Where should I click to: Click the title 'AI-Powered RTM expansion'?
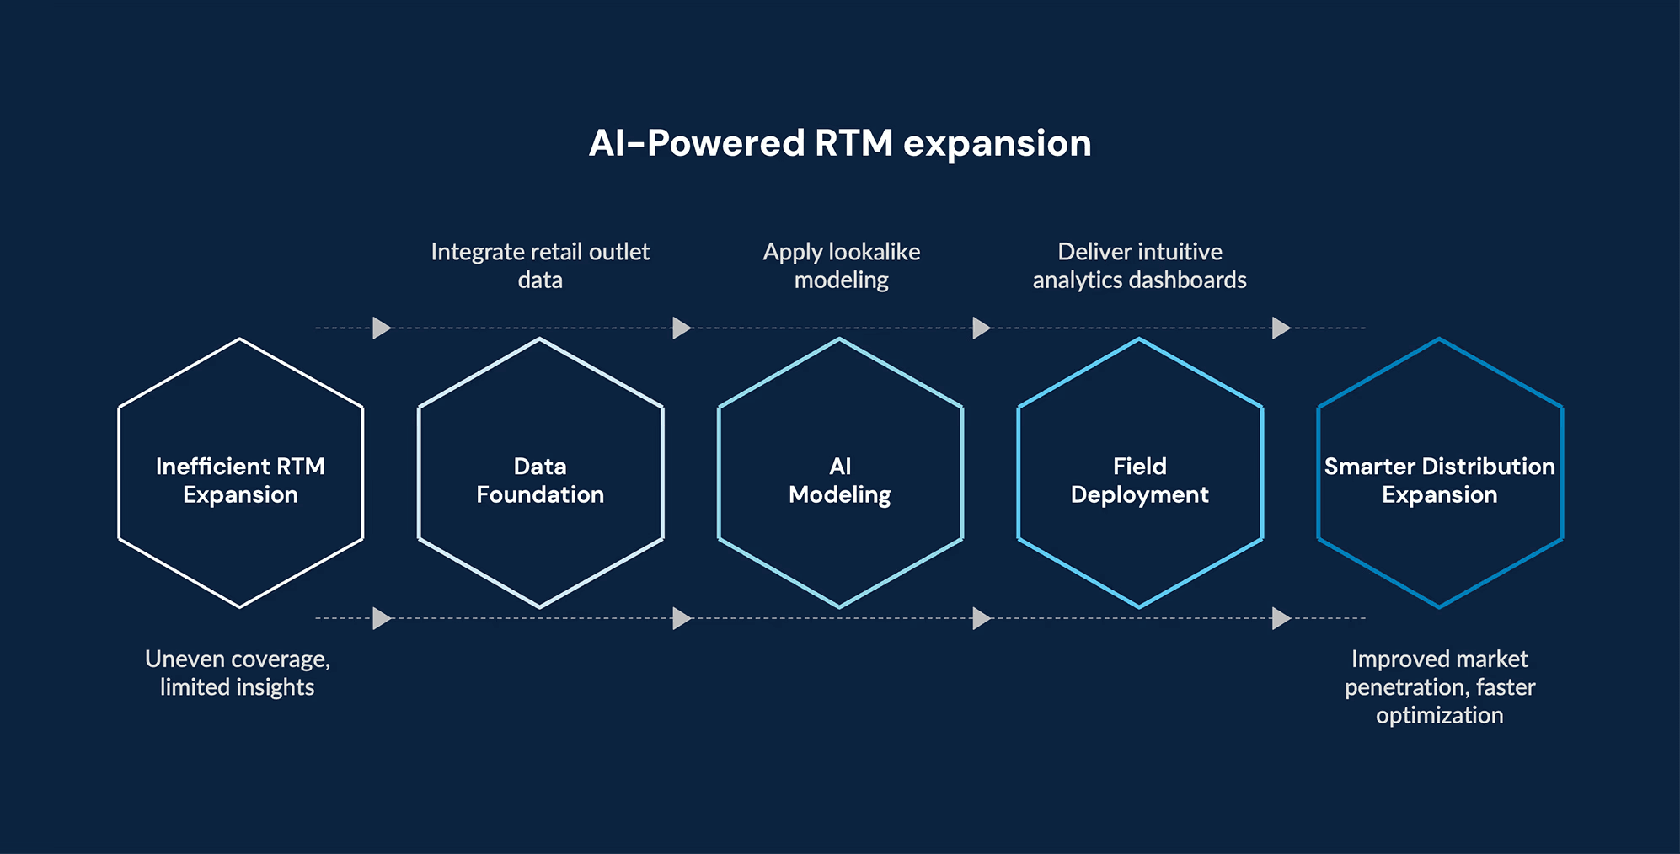(839, 143)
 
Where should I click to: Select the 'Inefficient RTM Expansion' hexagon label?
(240, 480)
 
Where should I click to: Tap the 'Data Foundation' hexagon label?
(540, 480)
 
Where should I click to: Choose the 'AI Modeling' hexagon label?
(839, 480)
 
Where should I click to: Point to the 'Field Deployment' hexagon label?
(1139, 480)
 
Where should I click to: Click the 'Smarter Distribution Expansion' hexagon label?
(1439, 480)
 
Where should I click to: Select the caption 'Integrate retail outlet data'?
(540, 265)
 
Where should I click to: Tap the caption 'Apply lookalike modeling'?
(841, 265)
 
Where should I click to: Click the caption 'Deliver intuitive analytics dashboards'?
(1139, 265)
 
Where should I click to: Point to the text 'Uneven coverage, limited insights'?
(238, 672)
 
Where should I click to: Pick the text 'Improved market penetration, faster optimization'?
(1439, 686)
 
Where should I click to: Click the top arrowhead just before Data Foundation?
(382, 328)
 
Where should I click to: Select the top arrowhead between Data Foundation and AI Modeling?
(682, 328)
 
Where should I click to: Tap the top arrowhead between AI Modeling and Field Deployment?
(981, 328)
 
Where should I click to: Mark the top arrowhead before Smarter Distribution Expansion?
(1281, 328)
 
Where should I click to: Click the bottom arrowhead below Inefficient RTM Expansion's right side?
(382, 618)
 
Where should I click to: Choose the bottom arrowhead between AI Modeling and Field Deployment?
(981, 618)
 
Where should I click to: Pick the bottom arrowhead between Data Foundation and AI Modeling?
(682, 618)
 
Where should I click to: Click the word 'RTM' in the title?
(853, 143)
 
